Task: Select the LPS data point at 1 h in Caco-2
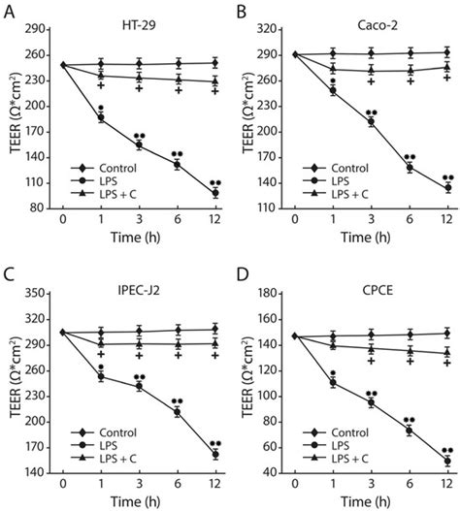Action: [x=334, y=91]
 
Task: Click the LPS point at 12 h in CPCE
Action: [x=445, y=461]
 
